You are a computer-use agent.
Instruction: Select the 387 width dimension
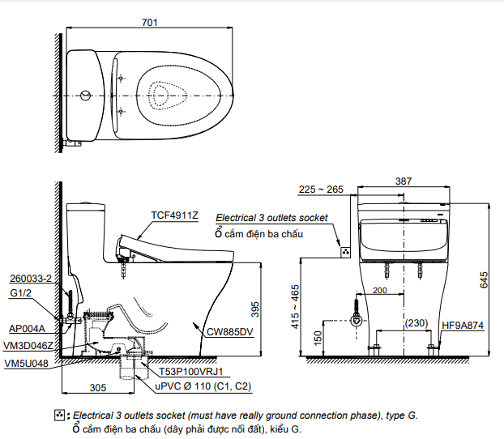(x=403, y=181)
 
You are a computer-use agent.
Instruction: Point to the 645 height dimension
(x=484, y=279)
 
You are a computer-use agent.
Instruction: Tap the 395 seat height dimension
(x=254, y=309)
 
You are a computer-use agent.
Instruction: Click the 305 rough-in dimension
(x=97, y=386)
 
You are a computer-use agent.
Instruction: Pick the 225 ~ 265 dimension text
(x=321, y=190)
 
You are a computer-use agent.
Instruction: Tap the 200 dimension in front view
(x=380, y=290)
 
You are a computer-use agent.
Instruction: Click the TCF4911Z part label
(x=173, y=215)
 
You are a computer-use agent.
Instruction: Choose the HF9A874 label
(x=463, y=326)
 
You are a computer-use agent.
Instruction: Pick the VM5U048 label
(x=26, y=364)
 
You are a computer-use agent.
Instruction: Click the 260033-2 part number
(x=31, y=278)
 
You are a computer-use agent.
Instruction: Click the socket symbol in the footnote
(x=58, y=416)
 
